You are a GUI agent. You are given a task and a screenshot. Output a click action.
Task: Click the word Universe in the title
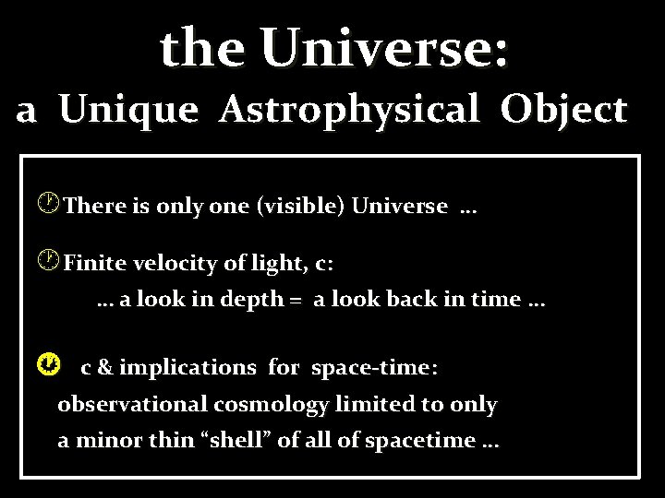pos(383,48)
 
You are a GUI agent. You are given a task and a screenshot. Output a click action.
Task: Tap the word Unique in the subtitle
pos(128,111)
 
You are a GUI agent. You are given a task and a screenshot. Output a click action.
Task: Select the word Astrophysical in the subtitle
pos(349,111)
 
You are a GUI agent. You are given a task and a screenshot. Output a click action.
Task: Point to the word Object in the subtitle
pos(563,111)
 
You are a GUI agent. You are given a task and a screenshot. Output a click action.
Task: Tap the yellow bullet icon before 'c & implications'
pos(54,366)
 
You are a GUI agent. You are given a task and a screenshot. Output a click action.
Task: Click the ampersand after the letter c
pos(104,368)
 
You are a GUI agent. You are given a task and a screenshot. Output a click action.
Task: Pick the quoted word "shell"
pos(238,441)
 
